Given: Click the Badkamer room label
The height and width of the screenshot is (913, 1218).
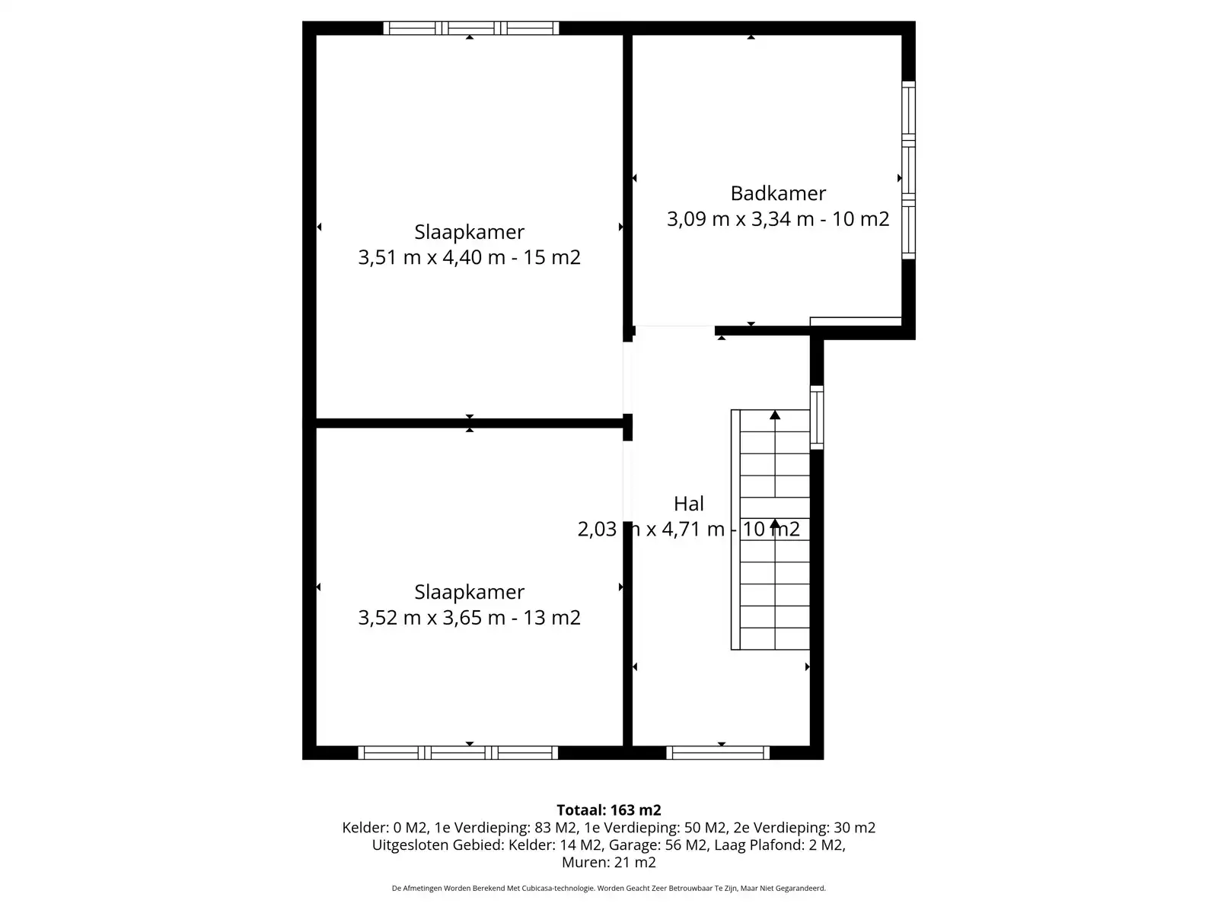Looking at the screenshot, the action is coord(777,193).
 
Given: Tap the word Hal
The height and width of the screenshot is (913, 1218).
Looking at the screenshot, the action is coord(689,504).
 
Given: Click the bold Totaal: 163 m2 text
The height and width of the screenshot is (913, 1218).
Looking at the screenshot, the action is coord(609,810).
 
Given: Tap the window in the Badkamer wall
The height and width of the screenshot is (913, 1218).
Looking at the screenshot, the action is coord(908,170).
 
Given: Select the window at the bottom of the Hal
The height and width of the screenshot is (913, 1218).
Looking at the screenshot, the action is coord(718,752).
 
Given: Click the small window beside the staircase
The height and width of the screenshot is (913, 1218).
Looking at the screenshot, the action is coord(816,418).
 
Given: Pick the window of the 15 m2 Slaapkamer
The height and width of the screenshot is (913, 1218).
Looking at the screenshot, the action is coord(470,28).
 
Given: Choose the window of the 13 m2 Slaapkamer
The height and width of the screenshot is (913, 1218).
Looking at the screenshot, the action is coord(458,752).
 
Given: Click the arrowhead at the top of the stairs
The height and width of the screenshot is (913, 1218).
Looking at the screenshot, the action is coord(775,415).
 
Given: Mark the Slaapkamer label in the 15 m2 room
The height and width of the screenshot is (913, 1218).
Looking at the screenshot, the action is coord(469,232).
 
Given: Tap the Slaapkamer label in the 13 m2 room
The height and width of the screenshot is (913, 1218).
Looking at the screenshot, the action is coord(469,593).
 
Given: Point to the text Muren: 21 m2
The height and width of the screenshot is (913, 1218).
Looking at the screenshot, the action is coord(609,863).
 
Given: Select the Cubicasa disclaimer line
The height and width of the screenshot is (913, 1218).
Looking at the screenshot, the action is coord(609,889).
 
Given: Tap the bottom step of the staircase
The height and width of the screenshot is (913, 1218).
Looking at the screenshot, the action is coord(775,638).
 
